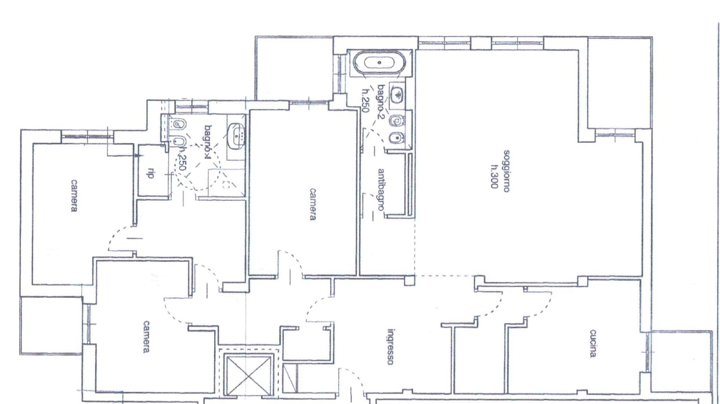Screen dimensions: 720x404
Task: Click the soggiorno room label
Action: point(506,171)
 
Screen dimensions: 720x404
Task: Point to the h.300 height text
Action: point(494,176)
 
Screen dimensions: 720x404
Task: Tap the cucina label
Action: point(593,343)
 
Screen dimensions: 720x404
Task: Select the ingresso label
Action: point(390,347)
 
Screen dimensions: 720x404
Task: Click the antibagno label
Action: point(381,190)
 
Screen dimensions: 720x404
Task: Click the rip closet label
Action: point(150,173)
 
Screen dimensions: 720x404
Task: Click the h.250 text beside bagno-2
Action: point(365,100)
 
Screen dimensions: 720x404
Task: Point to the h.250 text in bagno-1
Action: point(182,158)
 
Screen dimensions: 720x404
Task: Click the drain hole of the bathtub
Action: point(379,63)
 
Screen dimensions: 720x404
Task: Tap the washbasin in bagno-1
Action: point(236,136)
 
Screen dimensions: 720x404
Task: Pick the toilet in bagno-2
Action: point(396,121)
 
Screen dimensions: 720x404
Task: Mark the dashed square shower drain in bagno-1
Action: point(226,185)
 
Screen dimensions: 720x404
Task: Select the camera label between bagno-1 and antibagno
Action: point(313,204)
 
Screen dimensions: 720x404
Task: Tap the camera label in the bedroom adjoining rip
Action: point(74,196)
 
